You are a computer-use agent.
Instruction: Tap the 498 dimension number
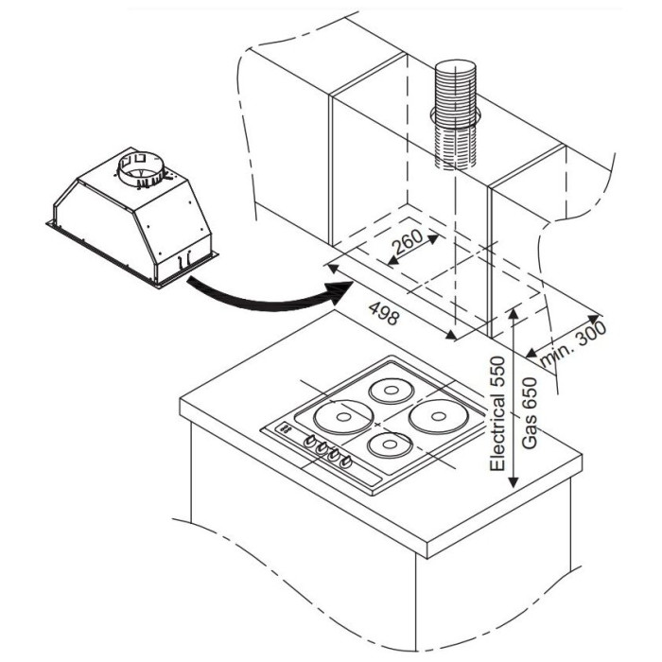click(383, 313)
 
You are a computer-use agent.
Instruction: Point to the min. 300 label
click(573, 344)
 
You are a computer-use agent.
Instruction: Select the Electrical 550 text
click(496, 414)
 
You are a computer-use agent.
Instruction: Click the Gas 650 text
click(529, 413)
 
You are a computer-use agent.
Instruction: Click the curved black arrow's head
click(340, 291)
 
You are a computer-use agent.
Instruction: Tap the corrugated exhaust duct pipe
click(456, 114)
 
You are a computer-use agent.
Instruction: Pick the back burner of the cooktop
click(391, 391)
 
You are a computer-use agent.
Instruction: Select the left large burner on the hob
click(343, 417)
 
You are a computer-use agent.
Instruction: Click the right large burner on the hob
click(438, 416)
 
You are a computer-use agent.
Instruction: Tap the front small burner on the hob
click(390, 444)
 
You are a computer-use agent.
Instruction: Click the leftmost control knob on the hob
click(310, 441)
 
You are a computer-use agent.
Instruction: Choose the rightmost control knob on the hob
click(345, 462)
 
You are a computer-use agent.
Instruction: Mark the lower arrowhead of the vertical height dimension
click(514, 481)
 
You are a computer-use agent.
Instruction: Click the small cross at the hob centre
click(377, 424)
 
